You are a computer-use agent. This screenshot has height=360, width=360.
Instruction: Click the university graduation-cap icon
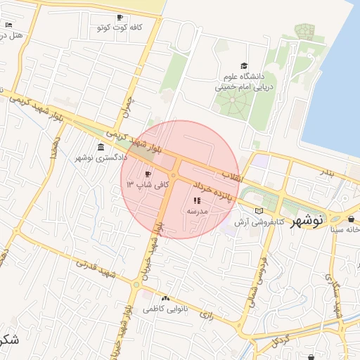[x=244, y=65]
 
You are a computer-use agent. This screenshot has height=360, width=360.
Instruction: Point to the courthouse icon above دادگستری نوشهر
[x=102, y=147]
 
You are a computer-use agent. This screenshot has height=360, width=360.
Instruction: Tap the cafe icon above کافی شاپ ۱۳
[x=148, y=174]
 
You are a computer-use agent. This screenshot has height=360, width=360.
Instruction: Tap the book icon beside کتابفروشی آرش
[x=259, y=211]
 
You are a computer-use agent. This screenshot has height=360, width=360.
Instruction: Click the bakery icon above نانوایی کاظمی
[x=166, y=298]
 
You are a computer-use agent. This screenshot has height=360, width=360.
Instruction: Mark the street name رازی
[x=206, y=314]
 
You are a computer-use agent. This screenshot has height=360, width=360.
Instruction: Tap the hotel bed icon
[x=9, y=25]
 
